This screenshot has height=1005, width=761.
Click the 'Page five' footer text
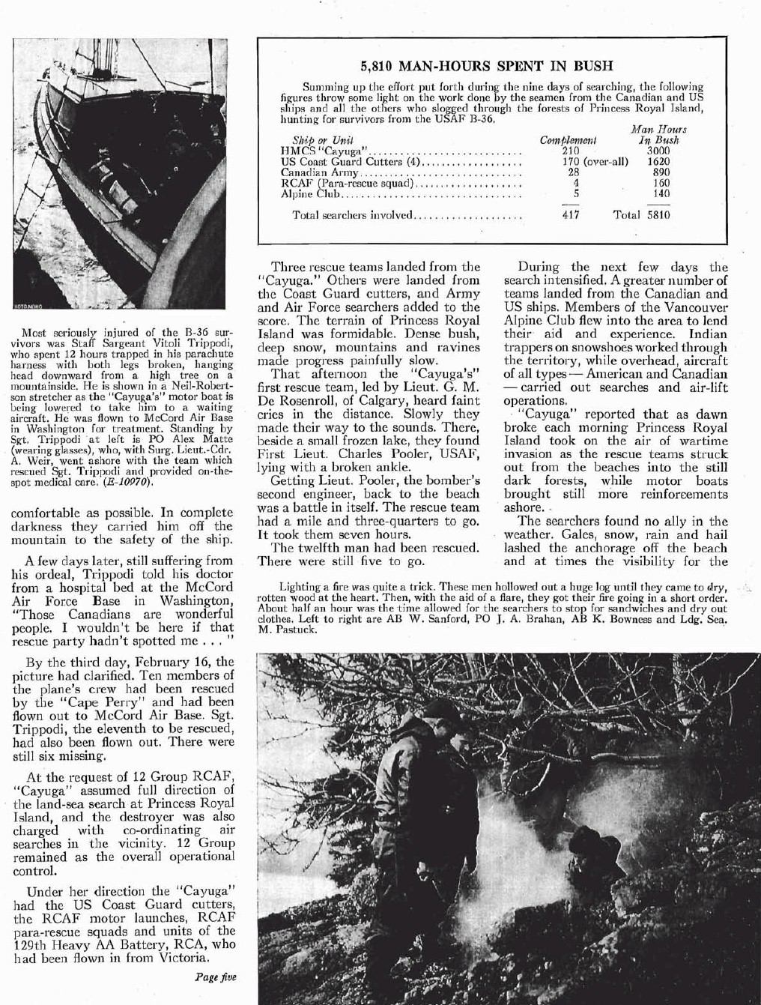(x=215, y=977)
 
